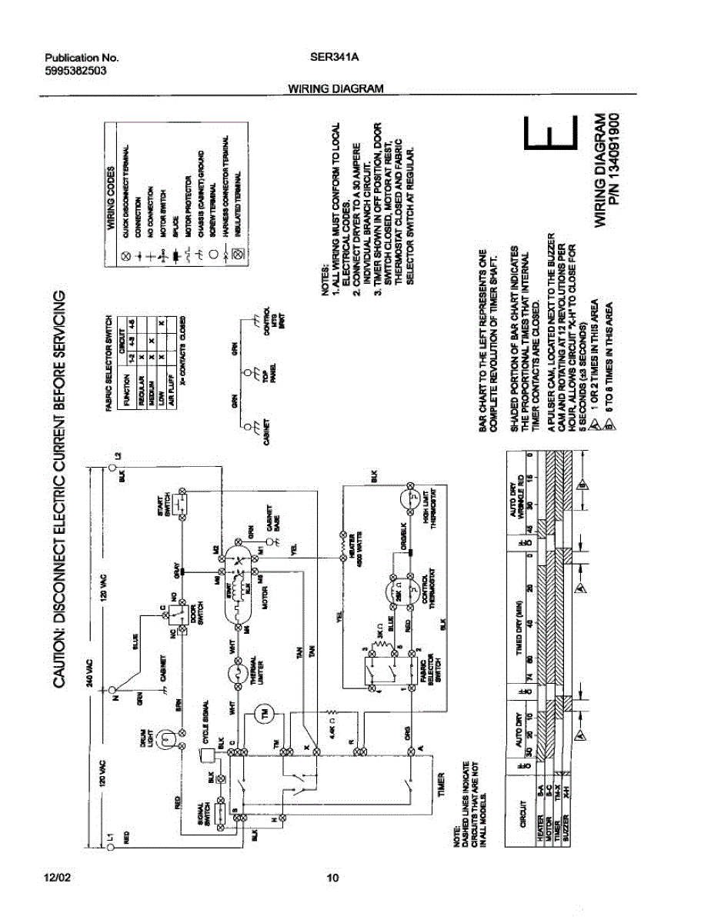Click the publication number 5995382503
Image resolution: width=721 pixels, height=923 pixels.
(75, 70)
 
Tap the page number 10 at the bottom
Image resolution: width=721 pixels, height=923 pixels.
(332, 878)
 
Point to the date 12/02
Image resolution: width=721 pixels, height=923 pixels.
(59, 878)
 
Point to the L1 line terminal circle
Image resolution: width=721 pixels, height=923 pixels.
(109, 846)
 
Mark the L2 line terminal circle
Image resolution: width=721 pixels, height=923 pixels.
(109, 466)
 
